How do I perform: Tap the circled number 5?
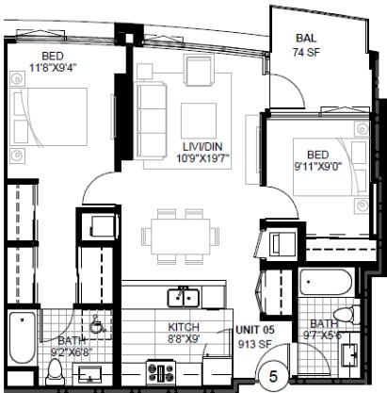273,375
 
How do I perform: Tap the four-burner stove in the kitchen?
157,370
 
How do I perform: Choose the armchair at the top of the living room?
200,72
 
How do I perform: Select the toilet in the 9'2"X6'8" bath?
56,368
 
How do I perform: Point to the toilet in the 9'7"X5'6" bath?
346,312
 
